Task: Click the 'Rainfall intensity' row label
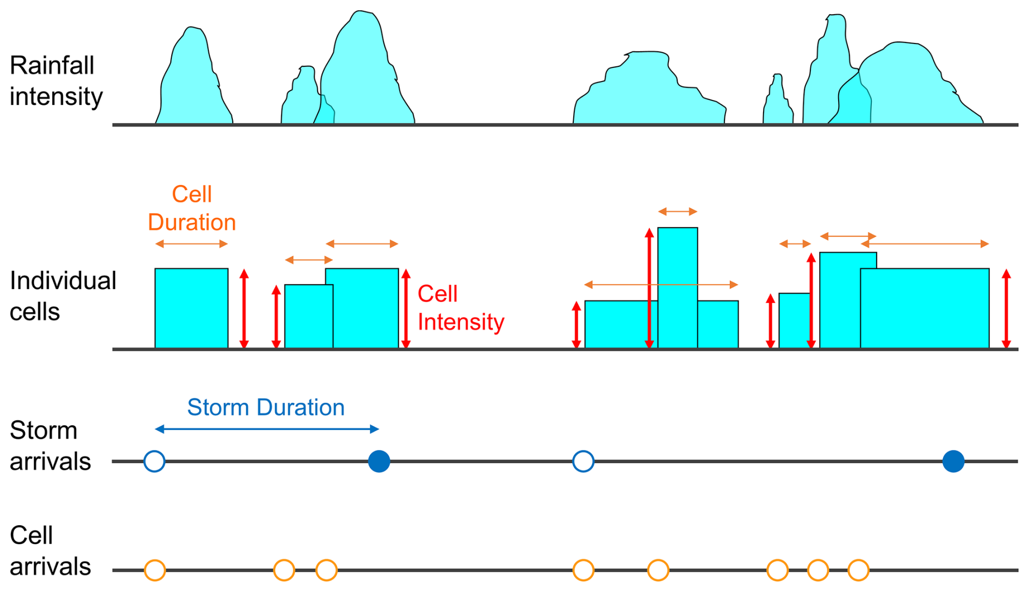tap(56, 81)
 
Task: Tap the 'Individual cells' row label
tap(63, 296)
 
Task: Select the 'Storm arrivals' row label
tap(50, 446)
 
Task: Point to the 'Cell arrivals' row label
tap(50, 551)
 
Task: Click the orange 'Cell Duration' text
tap(191, 208)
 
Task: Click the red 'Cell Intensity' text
tap(460, 308)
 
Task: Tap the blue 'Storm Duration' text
tap(265, 407)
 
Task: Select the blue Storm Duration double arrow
tap(266, 429)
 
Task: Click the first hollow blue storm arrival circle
tap(154, 461)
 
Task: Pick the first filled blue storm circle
tap(379, 461)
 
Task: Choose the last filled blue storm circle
tap(953, 461)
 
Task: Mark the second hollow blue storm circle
tap(583, 461)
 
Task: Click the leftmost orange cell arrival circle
tap(154, 570)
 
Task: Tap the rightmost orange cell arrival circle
tap(858, 570)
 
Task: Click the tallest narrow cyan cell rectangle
tap(677, 287)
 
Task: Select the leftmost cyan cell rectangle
tap(191, 308)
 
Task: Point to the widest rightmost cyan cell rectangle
tap(925, 308)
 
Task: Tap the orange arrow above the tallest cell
tap(677, 211)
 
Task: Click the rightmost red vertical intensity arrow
tap(1006, 308)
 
